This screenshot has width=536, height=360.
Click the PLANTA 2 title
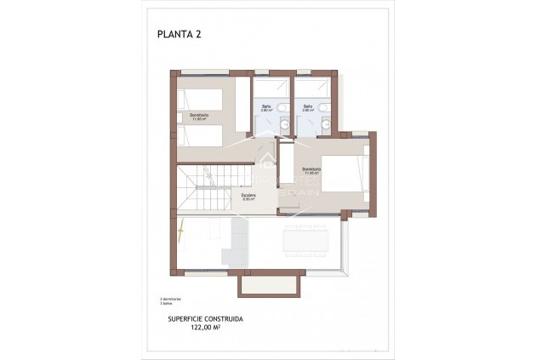(179, 35)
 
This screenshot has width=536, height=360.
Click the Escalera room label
(248, 197)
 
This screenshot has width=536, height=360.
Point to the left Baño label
(266, 108)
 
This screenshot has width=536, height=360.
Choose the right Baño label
(308, 108)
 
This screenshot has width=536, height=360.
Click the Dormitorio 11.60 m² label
(199, 117)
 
